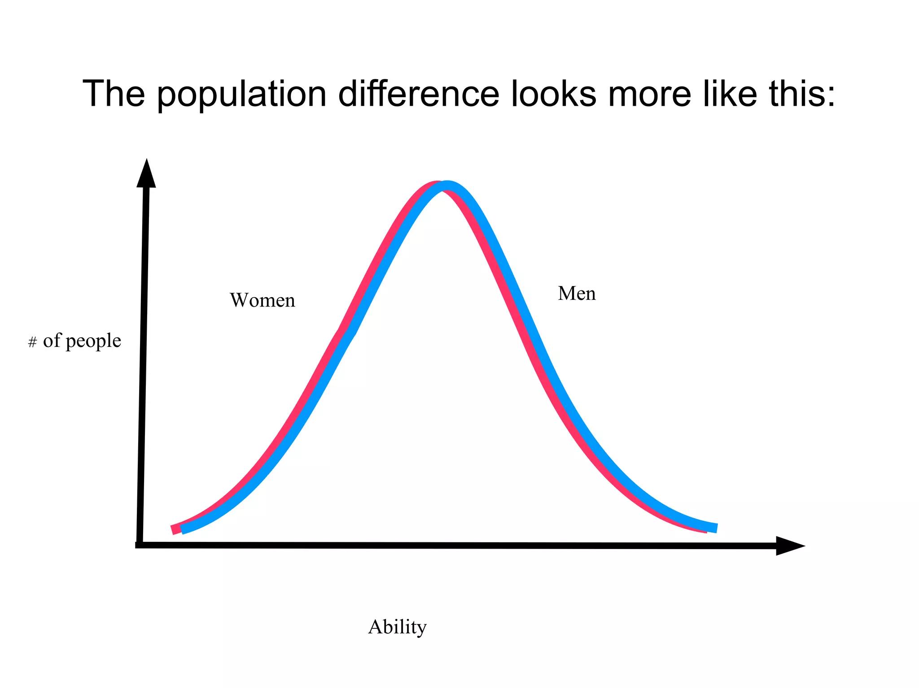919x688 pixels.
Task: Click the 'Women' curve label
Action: (x=263, y=300)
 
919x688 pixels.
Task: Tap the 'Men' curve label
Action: (x=577, y=294)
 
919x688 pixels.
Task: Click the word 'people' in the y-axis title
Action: (x=93, y=342)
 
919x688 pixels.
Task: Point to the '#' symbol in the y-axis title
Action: (x=32, y=343)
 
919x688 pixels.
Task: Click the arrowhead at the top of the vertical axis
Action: (x=146, y=174)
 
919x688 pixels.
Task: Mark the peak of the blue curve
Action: (x=447, y=186)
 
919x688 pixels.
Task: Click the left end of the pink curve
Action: (x=174, y=529)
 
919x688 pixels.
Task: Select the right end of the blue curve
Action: (x=715, y=528)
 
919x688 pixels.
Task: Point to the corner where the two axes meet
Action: (x=140, y=545)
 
